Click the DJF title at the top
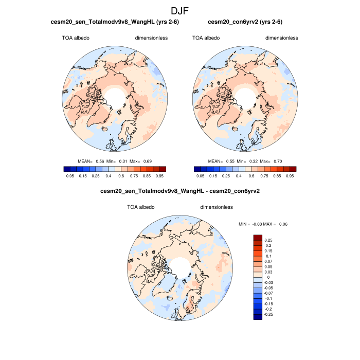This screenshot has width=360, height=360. coord(180,10)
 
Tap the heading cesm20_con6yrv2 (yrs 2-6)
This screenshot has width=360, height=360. coord(245,22)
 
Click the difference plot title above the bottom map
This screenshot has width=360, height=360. coord(180,191)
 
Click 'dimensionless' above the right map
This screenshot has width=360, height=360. coord(281,38)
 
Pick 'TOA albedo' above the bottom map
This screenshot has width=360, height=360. coord(141,207)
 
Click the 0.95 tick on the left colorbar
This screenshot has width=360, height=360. coord(159,175)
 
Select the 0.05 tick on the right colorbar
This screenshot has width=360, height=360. coord(201,175)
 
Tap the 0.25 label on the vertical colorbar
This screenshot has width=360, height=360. coord(269,240)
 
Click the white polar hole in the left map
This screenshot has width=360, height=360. coord(114,96)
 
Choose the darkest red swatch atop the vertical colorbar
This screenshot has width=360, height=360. coord(258,238)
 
